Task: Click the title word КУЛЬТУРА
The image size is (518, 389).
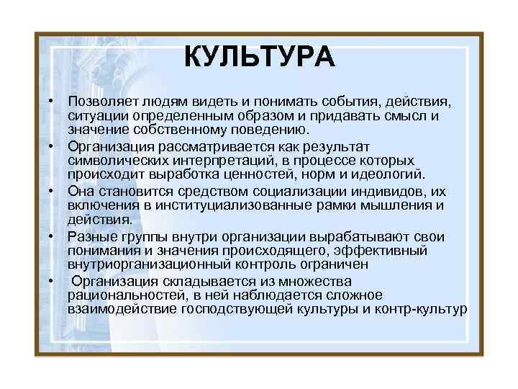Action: coord(259,55)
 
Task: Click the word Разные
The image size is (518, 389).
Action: coord(90,238)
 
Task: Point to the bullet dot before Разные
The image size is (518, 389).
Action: coord(52,237)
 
